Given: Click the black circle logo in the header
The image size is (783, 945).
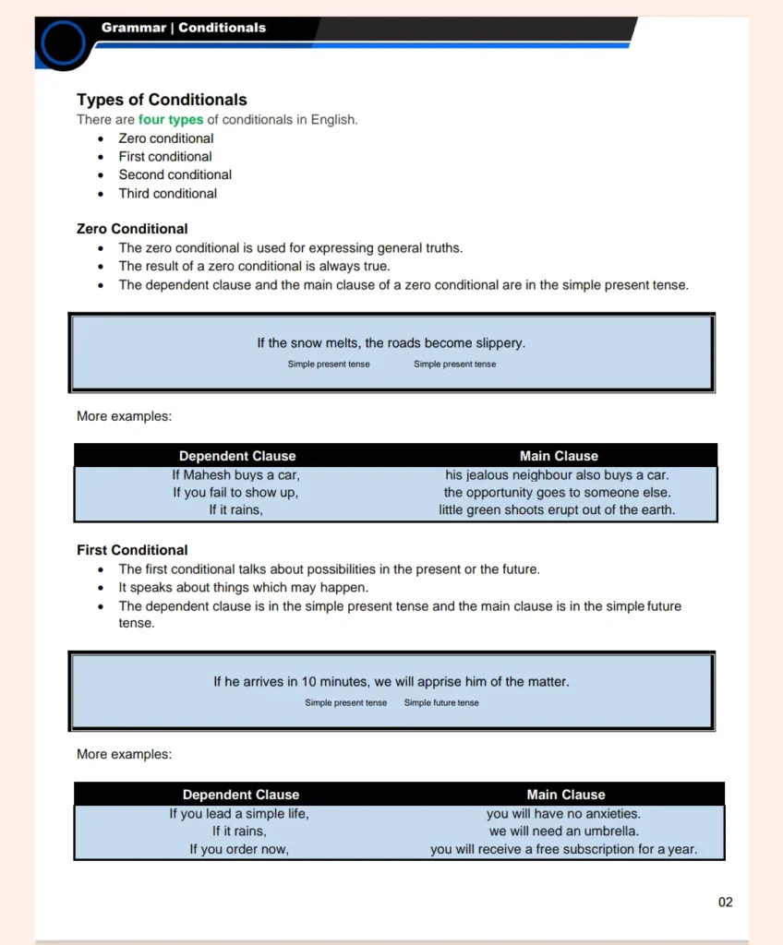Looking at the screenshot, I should pos(64,42).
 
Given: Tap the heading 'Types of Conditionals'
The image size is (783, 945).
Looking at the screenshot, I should pos(162,100).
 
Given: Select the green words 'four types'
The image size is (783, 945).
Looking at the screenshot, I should pos(171,120).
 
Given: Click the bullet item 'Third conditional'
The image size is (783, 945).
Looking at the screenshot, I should pos(167,194).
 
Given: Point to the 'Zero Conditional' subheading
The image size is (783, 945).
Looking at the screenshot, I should pos(132,229).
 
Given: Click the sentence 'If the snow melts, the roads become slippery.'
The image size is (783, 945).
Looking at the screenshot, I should pos(391,343).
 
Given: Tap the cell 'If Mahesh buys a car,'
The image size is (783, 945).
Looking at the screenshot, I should pos(236,475).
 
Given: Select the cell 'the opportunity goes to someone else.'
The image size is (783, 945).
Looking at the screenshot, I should pos(557,493).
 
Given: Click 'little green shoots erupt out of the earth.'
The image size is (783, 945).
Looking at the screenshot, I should pos(557,509).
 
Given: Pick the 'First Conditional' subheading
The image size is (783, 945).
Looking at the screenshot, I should pos(132,550).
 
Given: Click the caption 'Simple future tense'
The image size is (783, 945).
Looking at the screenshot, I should pos(441,703).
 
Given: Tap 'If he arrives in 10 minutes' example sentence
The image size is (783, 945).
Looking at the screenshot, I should pos(391,682).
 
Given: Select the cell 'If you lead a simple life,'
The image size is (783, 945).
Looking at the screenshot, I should pos(239,814).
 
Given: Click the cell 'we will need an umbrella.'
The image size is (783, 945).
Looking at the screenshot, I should pos(563,831).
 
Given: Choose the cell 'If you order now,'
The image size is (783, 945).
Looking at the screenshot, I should pos(239,849).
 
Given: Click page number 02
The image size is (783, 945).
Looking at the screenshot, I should pos(725,902).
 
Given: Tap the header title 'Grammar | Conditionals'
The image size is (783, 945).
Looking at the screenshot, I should pos(184,28).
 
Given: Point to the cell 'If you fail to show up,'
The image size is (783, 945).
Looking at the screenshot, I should pos(235,493).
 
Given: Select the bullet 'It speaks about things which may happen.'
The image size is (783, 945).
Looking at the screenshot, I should pos(243,588).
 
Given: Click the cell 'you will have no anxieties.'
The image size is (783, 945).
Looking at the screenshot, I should pos(563,814).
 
